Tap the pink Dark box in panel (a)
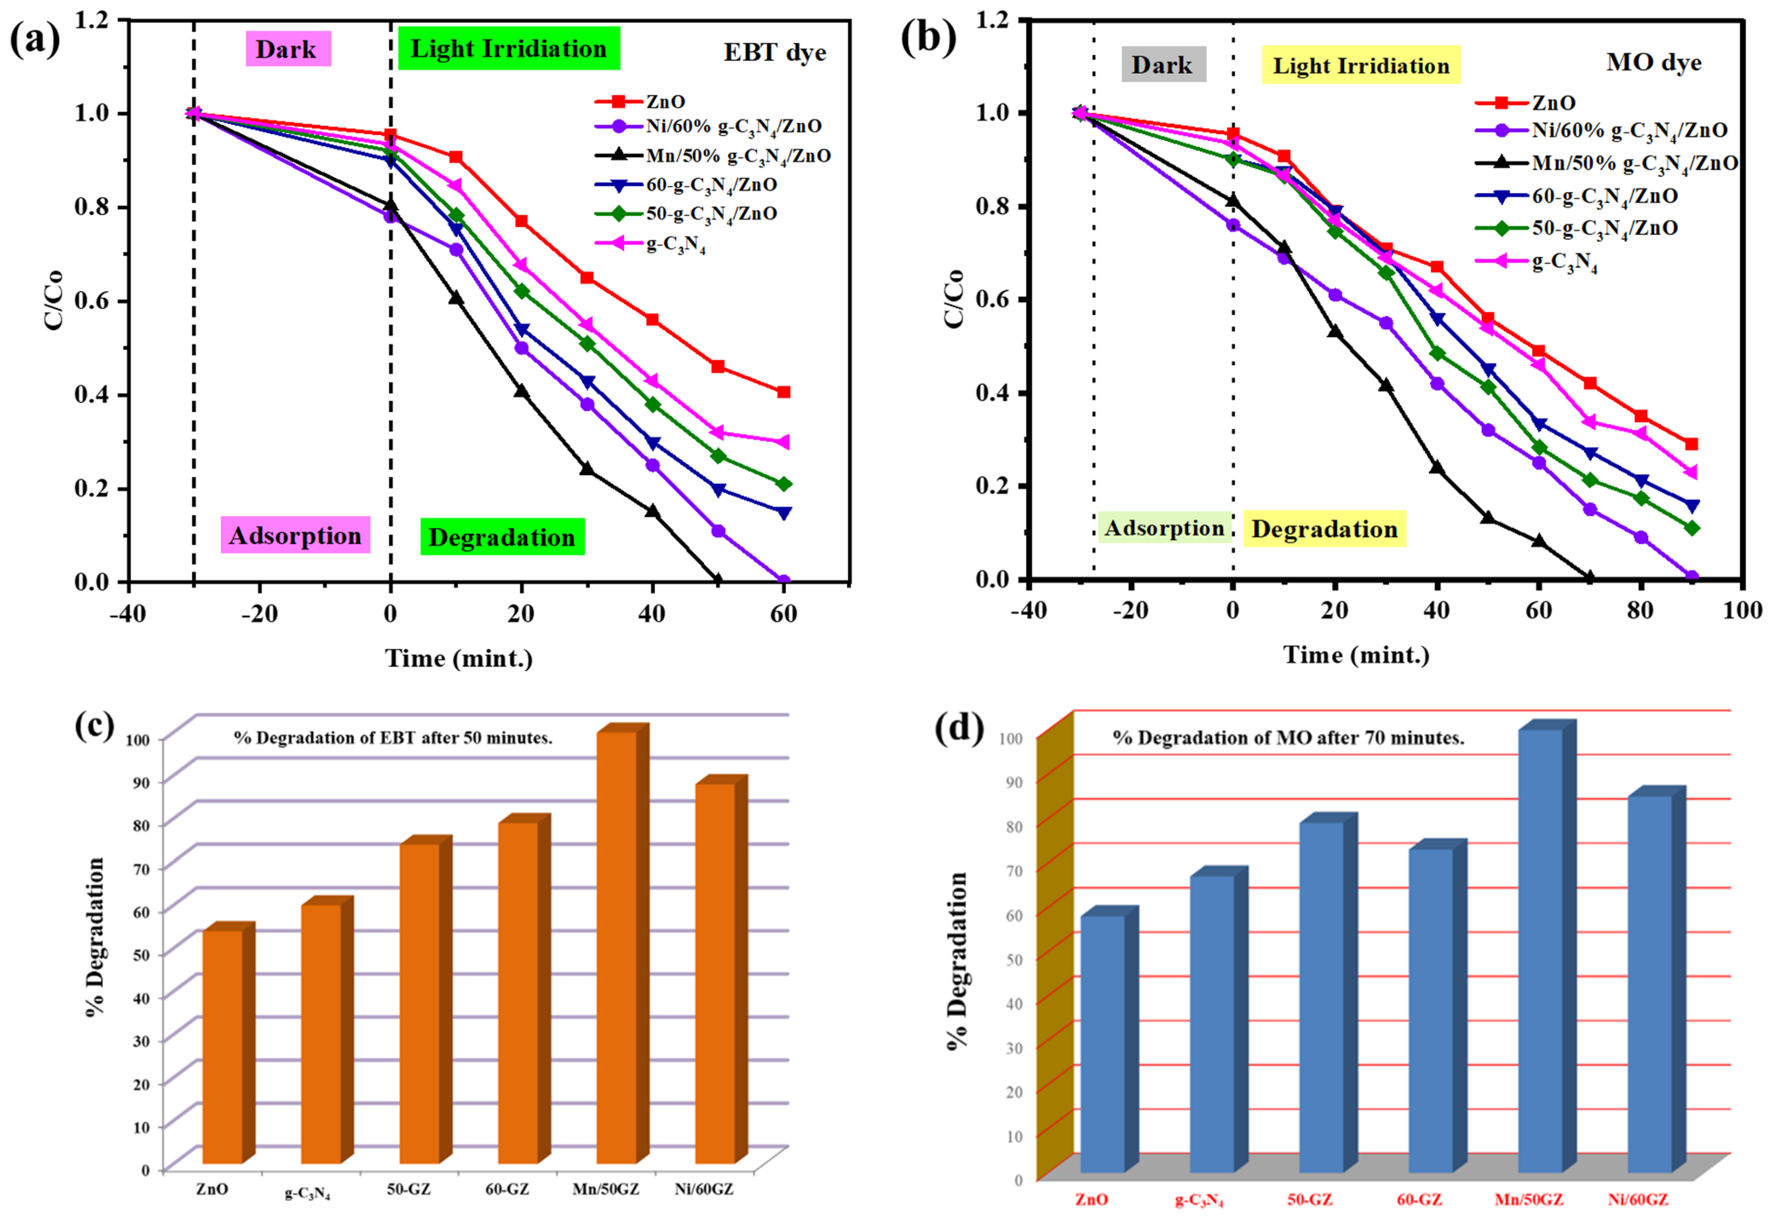coord(288,49)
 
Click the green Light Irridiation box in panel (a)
coord(508,48)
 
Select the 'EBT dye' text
coord(774,53)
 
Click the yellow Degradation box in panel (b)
coord(1324,529)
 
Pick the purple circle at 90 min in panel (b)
coord(1691,577)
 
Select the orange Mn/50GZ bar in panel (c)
coord(617,946)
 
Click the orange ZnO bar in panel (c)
coord(222,1045)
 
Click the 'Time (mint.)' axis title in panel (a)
coord(459,658)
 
